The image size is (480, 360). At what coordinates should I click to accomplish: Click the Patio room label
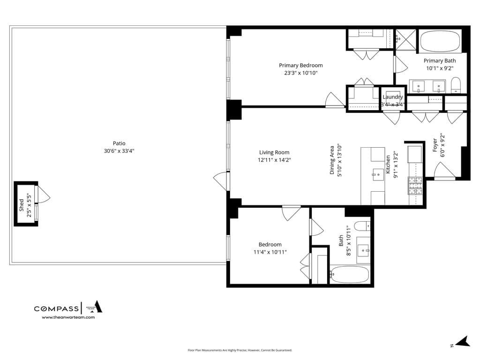tap(119, 143)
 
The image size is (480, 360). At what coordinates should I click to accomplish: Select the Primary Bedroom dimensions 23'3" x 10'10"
tap(300, 73)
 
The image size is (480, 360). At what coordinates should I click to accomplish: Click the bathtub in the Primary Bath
tap(440, 42)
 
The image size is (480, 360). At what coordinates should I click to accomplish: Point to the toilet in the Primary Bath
tap(456, 85)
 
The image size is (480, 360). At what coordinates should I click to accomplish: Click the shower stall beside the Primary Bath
tap(405, 39)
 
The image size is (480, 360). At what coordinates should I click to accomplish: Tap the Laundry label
tap(392, 97)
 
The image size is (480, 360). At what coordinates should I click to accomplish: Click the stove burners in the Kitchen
tap(415, 186)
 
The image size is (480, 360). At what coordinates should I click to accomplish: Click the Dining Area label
tap(332, 160)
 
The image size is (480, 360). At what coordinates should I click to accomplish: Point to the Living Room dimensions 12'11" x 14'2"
tap(274, 160)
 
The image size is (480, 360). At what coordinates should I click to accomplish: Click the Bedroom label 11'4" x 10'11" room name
tap(270, 244)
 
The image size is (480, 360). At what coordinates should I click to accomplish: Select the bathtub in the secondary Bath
tap(350, 275)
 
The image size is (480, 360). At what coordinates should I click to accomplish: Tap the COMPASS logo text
tap(56, 308)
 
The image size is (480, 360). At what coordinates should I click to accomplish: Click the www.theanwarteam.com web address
tap(68, 317)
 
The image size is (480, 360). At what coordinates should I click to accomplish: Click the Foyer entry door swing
tap(443, 172)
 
